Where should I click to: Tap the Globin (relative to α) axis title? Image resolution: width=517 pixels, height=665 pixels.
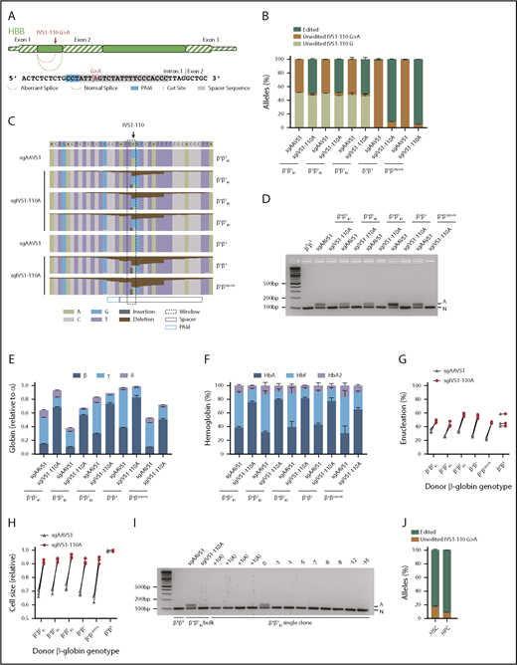point(10,419)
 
